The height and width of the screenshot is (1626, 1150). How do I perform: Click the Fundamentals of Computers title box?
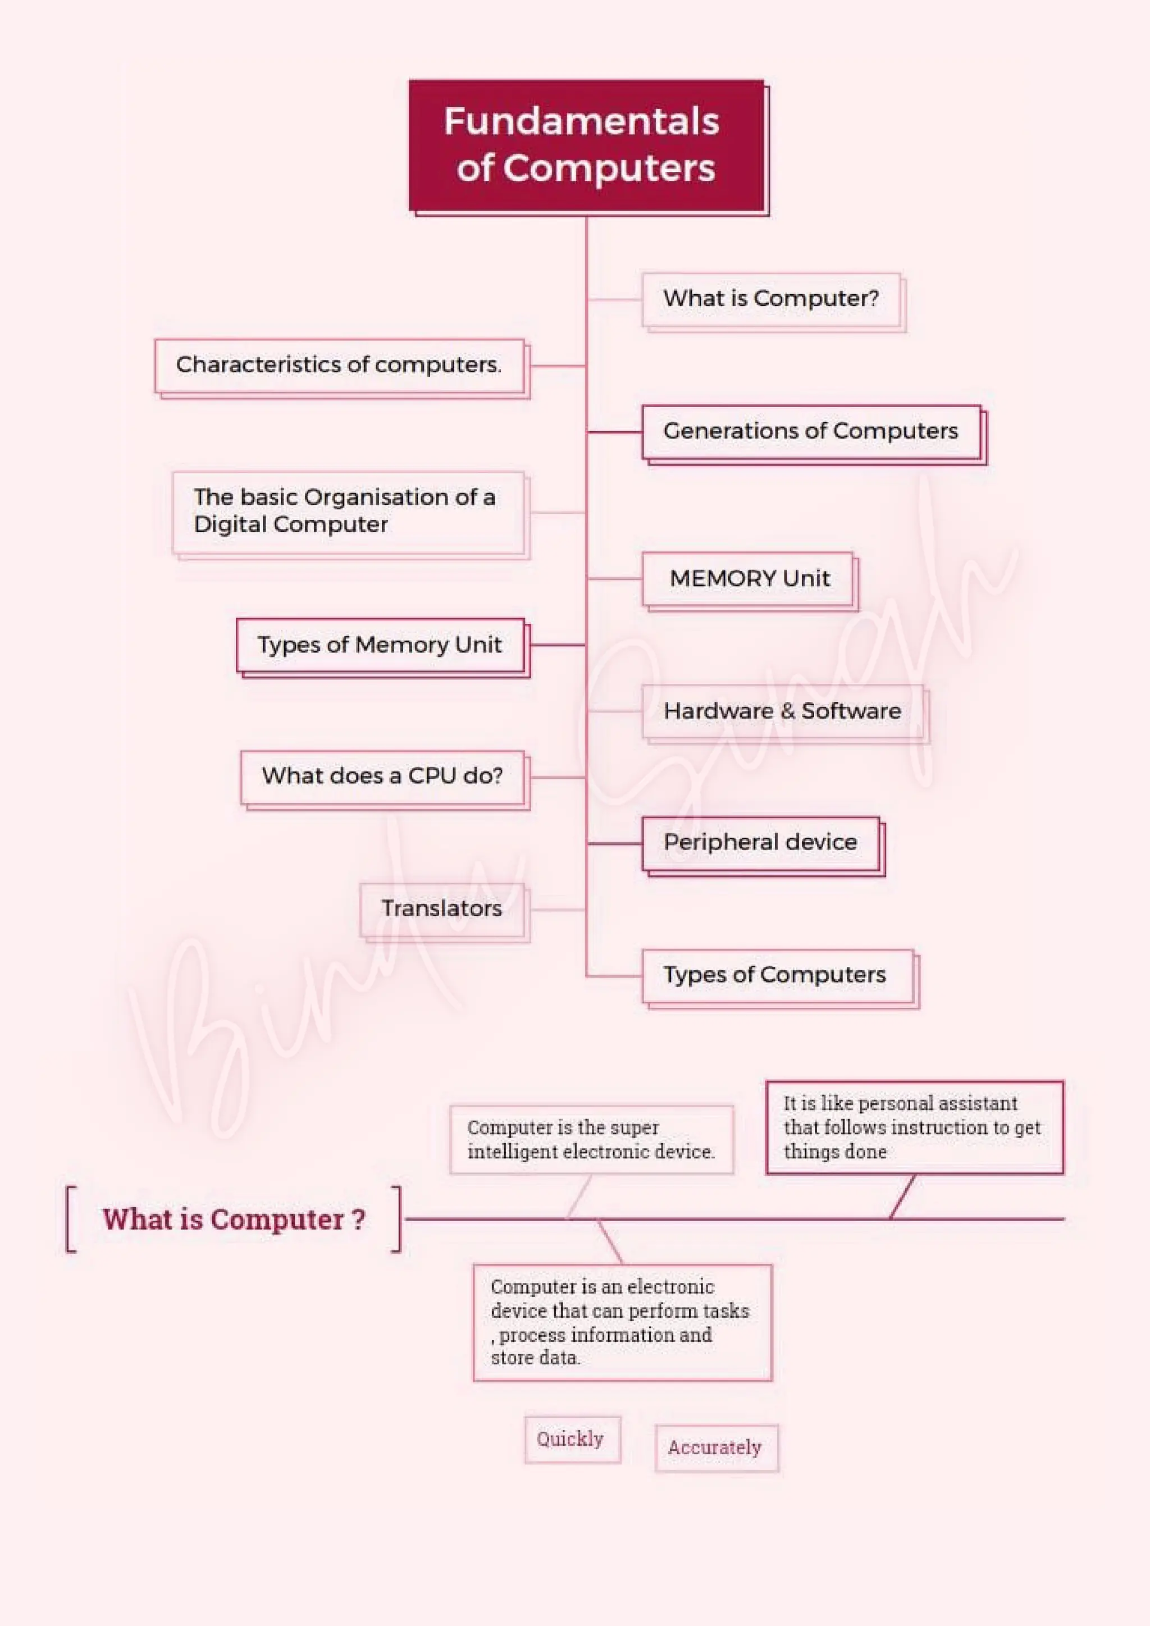(x=586, y=145)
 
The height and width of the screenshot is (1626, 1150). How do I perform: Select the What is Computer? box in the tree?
(x=771, y=299)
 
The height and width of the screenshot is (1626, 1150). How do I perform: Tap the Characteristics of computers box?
(x=339, y=366)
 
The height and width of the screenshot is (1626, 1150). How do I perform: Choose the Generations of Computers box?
(x=811, y=431)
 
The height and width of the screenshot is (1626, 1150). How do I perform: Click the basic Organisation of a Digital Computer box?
(x=348, y=511)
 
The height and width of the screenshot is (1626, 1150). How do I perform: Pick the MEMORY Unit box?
(x=748, y=579)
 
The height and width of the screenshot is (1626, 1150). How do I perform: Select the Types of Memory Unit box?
(x=380, y=645)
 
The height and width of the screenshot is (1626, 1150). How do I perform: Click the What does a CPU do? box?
(x=382, y=777)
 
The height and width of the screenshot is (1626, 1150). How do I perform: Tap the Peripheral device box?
(x=760, y=843)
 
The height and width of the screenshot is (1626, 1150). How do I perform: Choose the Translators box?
(x=442, y=910)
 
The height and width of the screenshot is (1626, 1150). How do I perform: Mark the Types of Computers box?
(x=775, y=975)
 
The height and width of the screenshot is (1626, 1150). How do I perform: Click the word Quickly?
(x=571, y=1438)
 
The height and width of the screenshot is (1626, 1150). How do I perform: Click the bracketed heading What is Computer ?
(x=234, y=1220)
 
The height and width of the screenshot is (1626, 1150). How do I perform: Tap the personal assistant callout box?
(x=914, y=1127)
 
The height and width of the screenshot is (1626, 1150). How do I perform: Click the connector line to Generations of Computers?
(x=615, y=431)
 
